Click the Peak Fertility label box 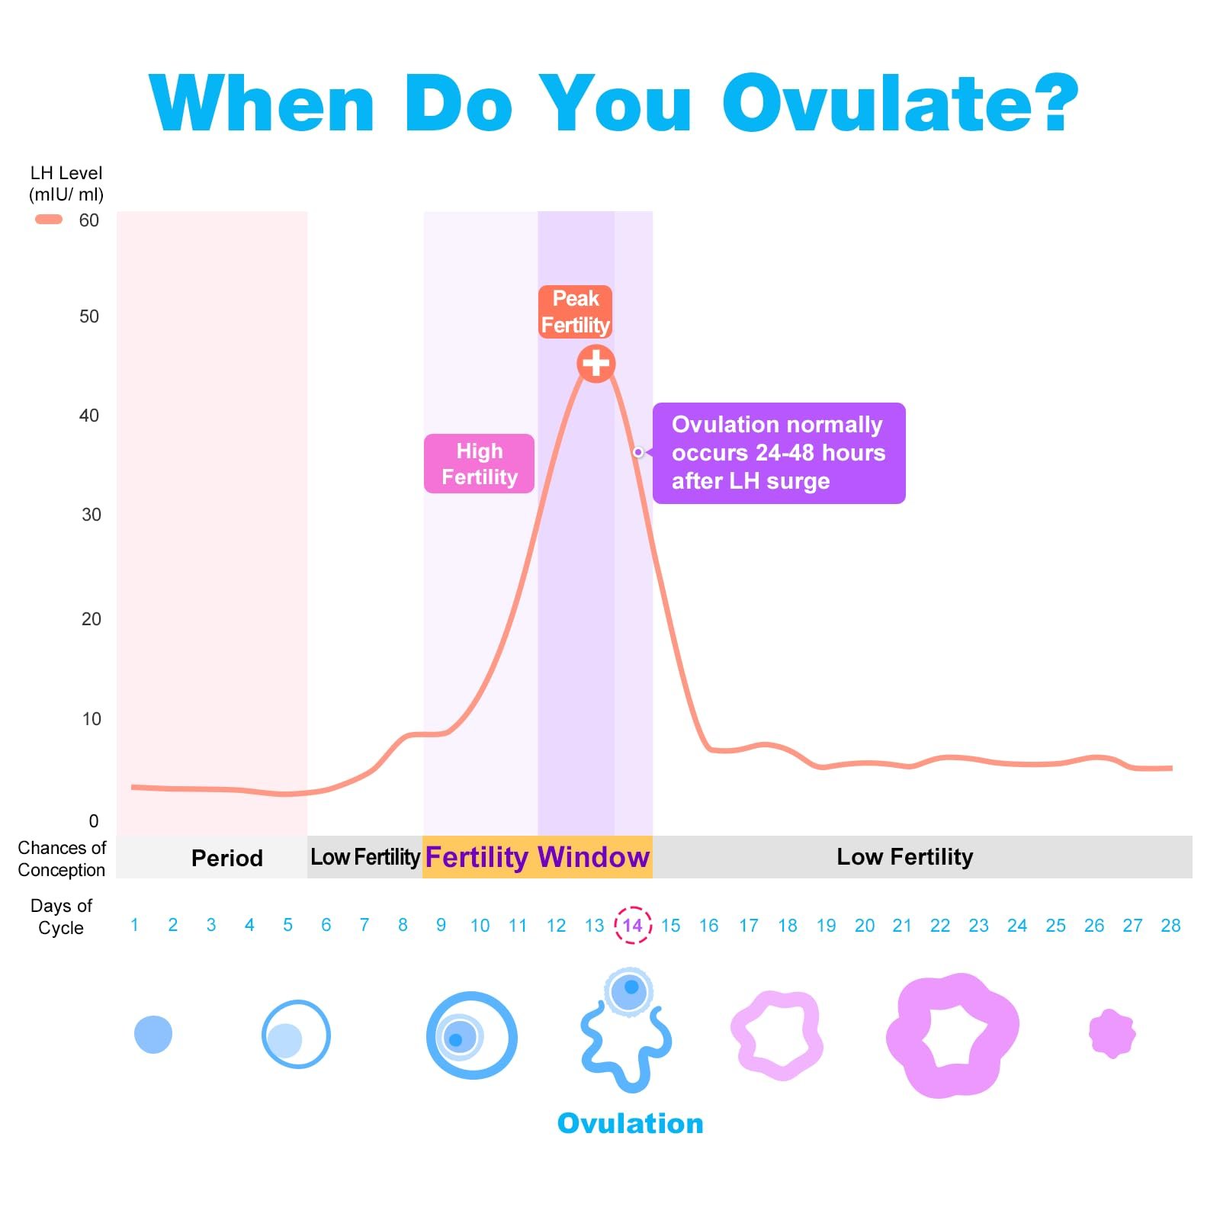[x=575, y=311]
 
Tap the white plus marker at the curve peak [x=596, y=363]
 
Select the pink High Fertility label [x=479, y=464]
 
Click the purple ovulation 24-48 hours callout [x=779, y=453]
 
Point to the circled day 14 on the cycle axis [x=632, y=925]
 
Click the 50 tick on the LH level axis [x=89, y=316]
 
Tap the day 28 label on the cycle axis [x=1170, y=926]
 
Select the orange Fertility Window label [x=537, y=857]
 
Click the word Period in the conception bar [x=226, y=858]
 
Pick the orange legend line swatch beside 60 [x=49, y=220]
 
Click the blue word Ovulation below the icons [x=630, y=1123]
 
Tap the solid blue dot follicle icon [x=153, y=1035]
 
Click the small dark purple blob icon [x=1112, y=1034]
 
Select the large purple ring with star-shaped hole [x=952, y=1035]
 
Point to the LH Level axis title [x=66, y=184]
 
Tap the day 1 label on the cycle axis [x=134, y=925]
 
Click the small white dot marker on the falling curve [x=638, y=452]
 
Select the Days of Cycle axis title [x=61, y=917]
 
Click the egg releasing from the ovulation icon [x=629, y=990]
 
